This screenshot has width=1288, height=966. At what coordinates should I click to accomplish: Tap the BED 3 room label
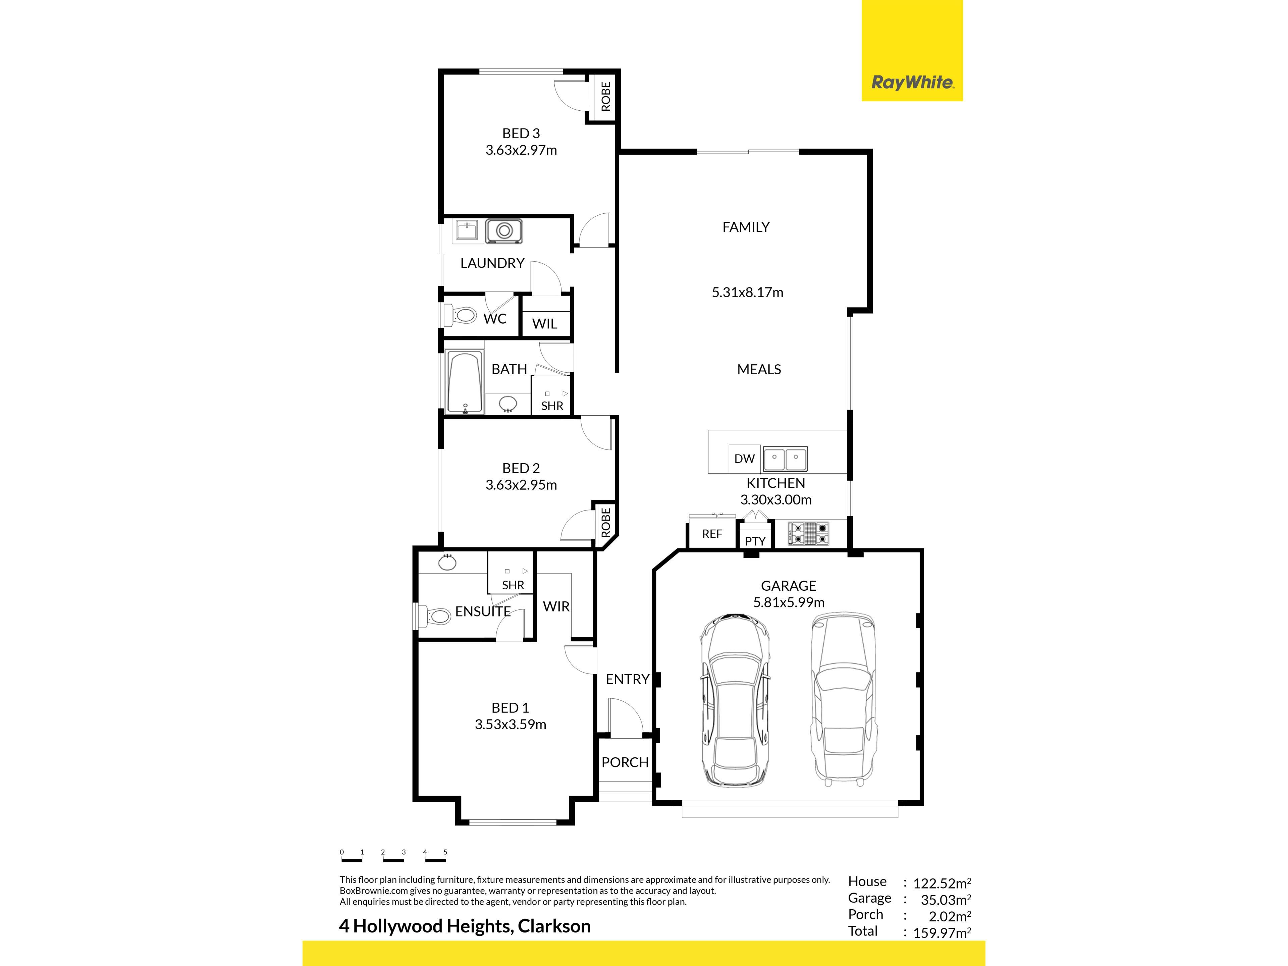pos(521,133)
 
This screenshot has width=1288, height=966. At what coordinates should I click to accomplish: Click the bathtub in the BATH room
pos(465,382)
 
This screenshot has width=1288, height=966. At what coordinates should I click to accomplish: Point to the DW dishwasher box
pos(744,458)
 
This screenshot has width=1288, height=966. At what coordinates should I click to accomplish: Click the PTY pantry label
pos(755,541)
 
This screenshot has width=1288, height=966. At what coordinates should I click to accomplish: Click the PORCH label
pos(625,762)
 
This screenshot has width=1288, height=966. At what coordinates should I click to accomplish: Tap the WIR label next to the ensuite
pos(556,606)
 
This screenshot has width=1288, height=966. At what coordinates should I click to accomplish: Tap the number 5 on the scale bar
pos(445,852)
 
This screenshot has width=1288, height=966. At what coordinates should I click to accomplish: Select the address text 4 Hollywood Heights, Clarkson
pos(465,926)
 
